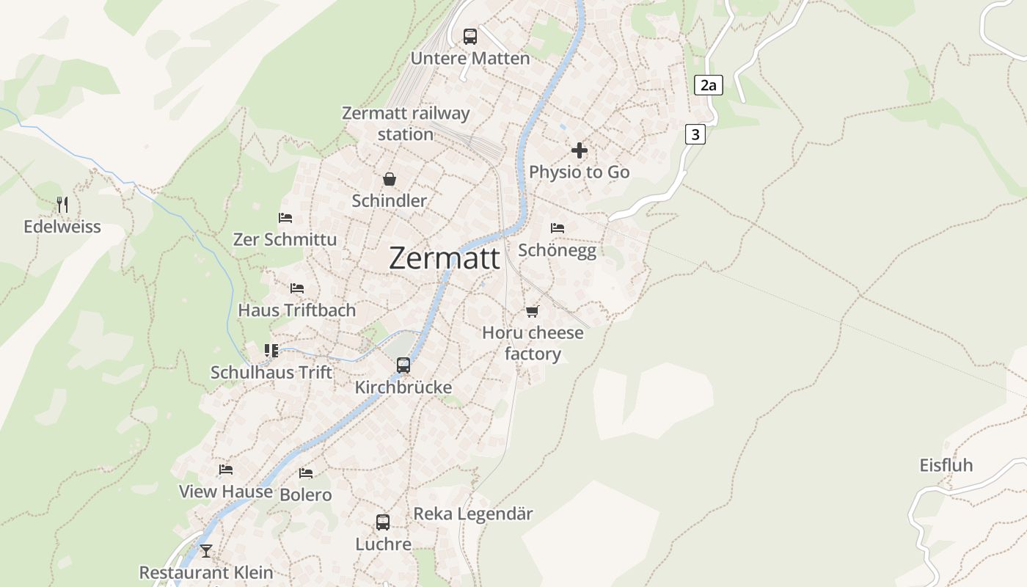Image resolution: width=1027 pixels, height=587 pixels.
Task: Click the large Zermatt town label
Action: [x=445, y=258]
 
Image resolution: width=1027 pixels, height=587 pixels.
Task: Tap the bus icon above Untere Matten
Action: [x=470, y=36]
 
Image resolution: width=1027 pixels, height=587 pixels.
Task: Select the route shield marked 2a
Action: [x=708, y=85]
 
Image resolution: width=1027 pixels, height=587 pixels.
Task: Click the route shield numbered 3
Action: [x=695, y=134]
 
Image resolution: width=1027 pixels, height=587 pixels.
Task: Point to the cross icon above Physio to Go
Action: [x=580, y=150]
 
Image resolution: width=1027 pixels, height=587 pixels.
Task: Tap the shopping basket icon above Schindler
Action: [x=390, y=179]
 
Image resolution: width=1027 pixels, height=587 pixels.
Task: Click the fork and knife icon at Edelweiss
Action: [x=62, y=205]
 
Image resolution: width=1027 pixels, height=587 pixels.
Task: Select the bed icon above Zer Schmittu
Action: [x=285, y=218]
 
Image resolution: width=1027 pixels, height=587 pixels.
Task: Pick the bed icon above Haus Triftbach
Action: [x=297, y=288]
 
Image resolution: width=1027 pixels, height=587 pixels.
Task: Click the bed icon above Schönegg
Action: [x=558, y=228]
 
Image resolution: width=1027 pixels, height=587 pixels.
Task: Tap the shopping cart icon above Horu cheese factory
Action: [x=533, y=311]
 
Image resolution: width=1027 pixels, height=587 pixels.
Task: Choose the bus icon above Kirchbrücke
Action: [x=403, y=365]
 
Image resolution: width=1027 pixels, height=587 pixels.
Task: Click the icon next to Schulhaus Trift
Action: [x=271, y=351]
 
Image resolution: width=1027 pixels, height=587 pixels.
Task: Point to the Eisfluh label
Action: [x=946, y=465]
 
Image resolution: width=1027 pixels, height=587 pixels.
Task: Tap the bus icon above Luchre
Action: [x=383, y=522]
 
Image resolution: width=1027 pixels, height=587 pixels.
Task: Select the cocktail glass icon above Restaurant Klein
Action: [x=206, y=550]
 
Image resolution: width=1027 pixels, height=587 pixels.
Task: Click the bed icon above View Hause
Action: [x=226, y=470]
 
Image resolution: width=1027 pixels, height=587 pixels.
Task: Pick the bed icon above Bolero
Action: [x=306, y=473]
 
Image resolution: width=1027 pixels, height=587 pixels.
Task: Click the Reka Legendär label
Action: [x=473, y=514]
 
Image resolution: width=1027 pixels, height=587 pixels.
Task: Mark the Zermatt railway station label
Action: [x=406, y=124]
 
